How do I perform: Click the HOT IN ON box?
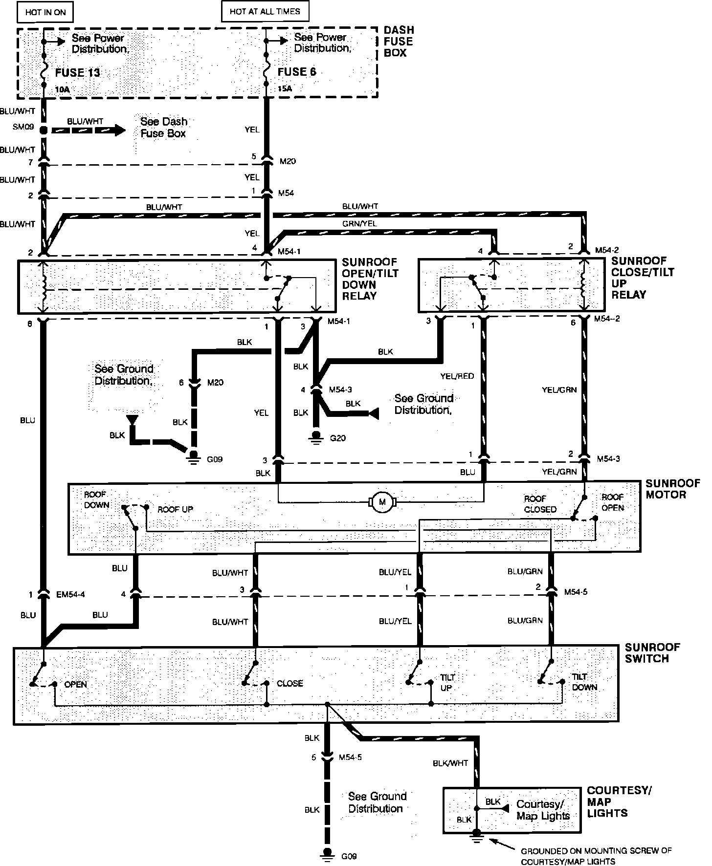tap(45, 12)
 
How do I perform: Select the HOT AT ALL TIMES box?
tap(265, 11)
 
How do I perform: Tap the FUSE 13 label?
tap(77, 73)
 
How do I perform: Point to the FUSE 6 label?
tap(297, 72)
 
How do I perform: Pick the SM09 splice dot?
tap(44, 130)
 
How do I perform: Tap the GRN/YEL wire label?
tap(360, 223)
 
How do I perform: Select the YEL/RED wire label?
tap(457, 376)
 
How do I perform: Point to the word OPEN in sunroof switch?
tap(75, 684)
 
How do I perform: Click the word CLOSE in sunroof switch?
tap(290, 683)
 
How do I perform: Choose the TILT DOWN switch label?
tap(584, 682)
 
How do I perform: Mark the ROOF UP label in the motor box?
tap(175, 509)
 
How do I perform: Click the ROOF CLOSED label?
tap(540, 504)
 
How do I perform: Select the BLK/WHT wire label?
tap(450, 762)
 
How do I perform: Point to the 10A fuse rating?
tap(63, 89)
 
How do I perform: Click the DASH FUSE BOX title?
tap(399, 42)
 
